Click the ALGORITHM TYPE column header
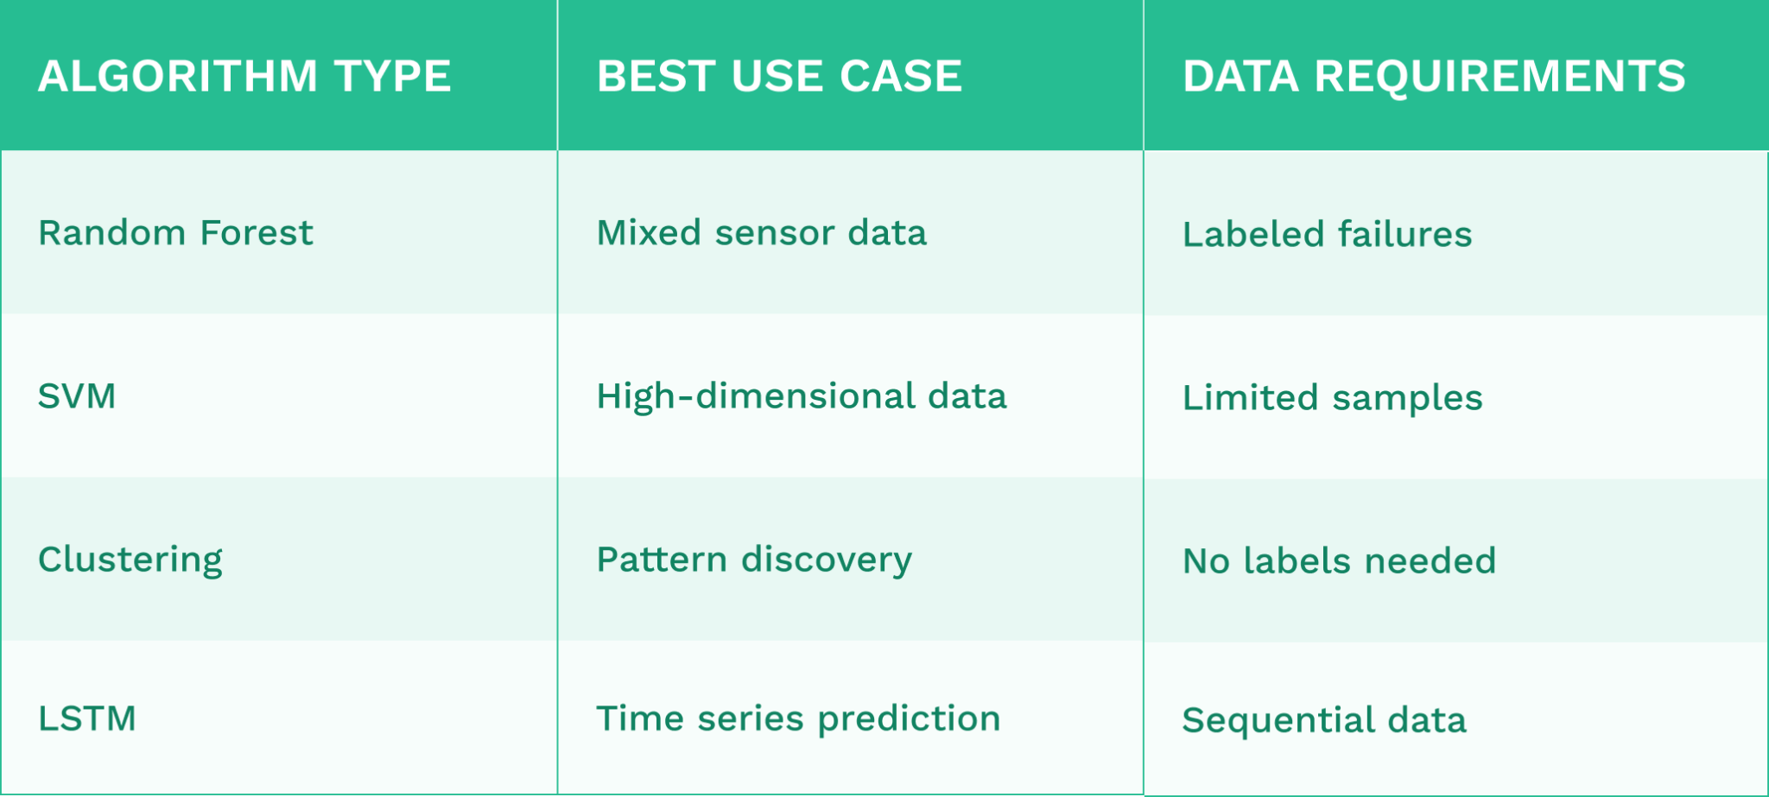244,76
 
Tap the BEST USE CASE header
779,76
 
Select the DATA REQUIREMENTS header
1434,76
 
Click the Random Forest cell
175,233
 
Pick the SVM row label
77,396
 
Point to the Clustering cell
130,560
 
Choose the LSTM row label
87,718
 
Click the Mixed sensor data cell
761,233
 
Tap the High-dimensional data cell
802,396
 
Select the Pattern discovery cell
754,560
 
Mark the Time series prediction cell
798,718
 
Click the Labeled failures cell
1327,235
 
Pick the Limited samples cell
1332,398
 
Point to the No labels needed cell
1339,561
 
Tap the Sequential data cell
1324,720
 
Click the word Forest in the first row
256,233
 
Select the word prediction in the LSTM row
909,719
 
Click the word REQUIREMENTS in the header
1500,76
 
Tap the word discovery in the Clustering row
827,560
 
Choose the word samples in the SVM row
1407,399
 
